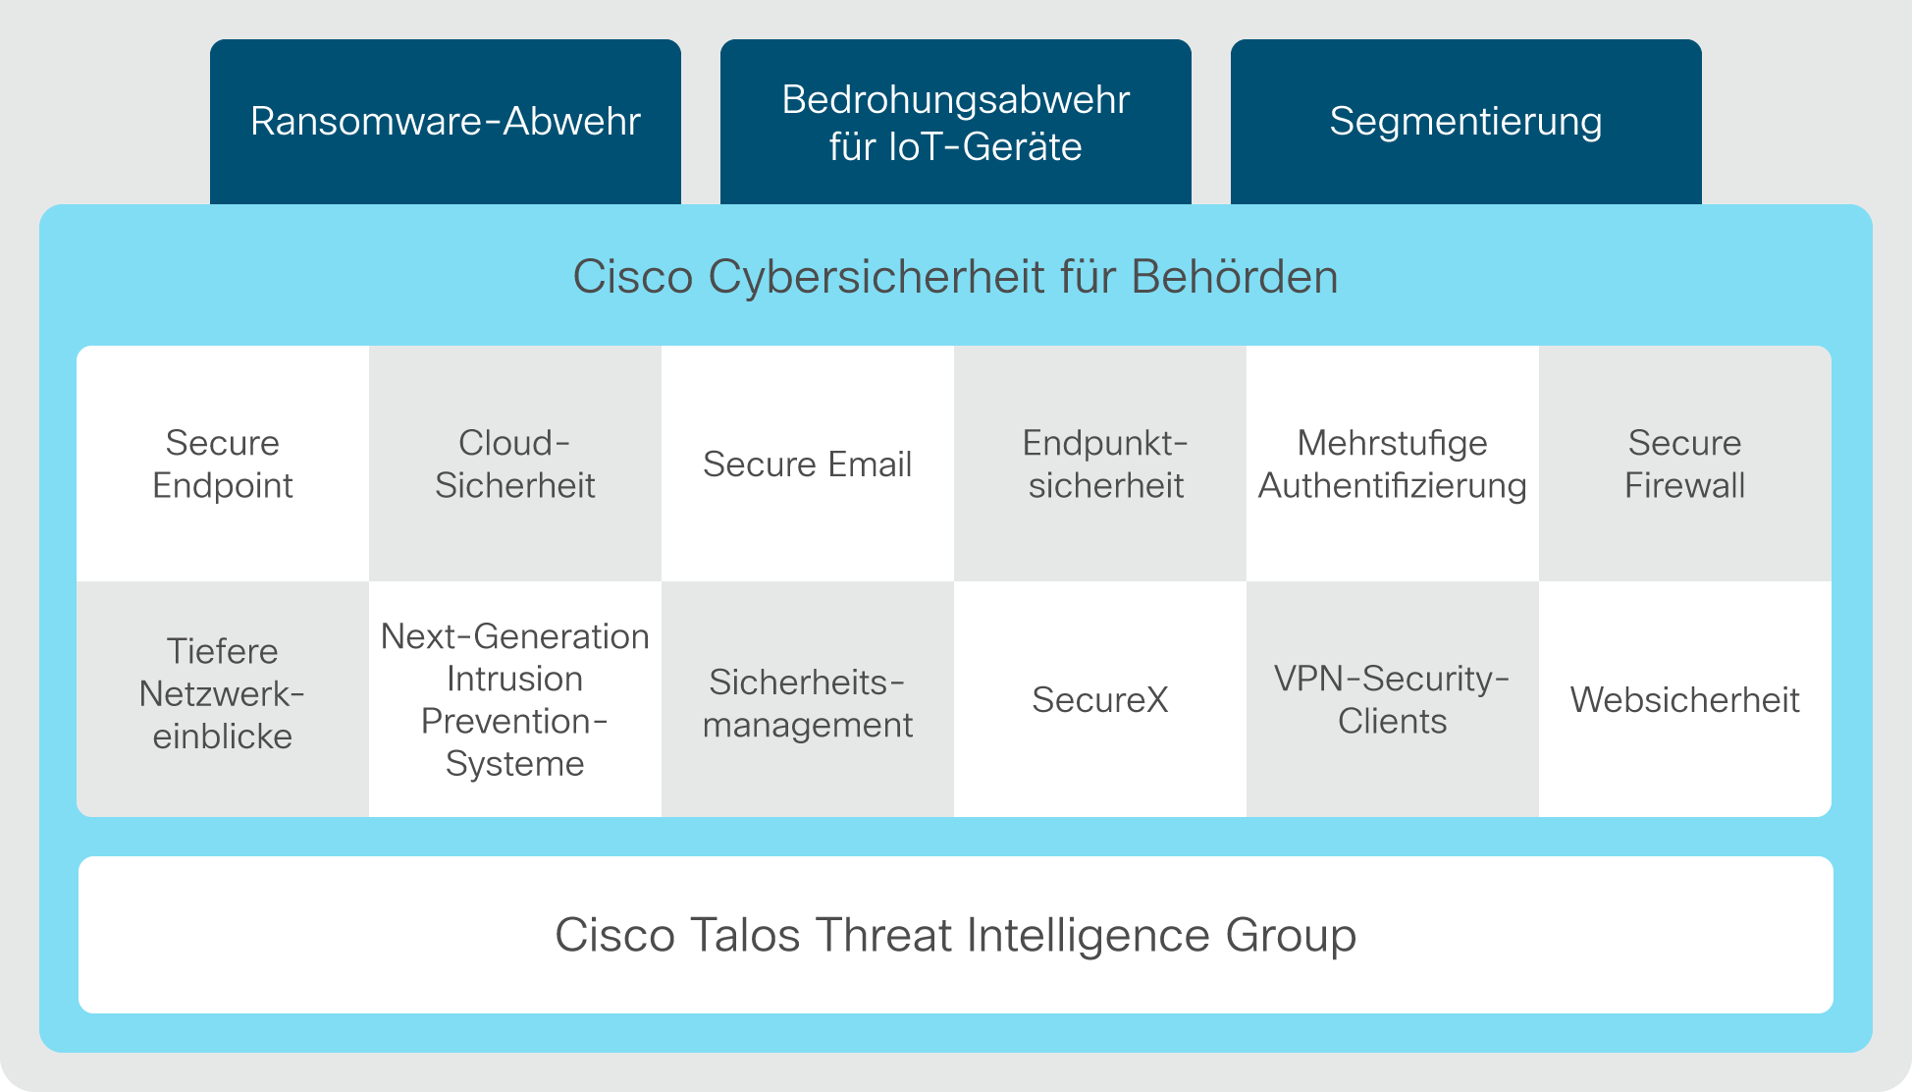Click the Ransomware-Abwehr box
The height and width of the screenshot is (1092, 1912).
446,122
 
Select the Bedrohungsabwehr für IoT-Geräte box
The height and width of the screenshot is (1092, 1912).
956,122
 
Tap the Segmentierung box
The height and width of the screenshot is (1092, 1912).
1466,122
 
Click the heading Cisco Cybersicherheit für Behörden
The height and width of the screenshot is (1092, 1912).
955,277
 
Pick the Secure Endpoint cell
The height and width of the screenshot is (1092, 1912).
223,464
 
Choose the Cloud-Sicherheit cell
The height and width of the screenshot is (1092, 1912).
515,464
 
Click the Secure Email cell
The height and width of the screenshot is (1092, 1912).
808,464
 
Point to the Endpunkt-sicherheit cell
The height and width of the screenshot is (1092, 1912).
1100,464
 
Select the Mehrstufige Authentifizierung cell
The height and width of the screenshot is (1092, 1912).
1393,464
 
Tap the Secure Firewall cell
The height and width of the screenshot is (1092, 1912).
1685,464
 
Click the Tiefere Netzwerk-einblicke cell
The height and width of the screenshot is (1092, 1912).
223,699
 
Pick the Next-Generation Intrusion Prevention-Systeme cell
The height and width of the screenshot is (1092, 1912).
515,699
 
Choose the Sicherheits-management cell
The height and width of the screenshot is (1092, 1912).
808,699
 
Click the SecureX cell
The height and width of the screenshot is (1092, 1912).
1100,699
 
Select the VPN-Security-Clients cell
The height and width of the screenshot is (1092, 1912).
1393,699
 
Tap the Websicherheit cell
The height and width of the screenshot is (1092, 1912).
1685,699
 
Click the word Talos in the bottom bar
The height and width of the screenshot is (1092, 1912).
746,935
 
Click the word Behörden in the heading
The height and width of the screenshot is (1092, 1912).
1235,277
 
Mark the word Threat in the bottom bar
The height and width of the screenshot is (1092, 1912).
884,935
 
